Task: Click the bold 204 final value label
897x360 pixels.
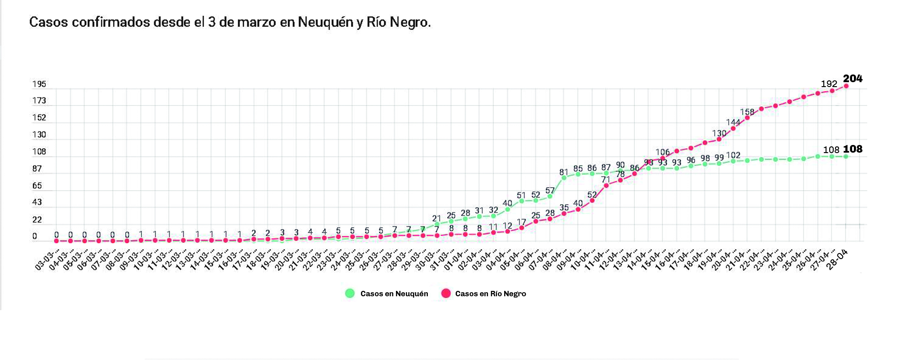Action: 853,79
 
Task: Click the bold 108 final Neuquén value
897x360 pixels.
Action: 853,149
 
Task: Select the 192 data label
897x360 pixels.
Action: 829,84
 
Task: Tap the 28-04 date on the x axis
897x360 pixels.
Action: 837,259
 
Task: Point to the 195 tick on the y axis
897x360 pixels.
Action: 39,84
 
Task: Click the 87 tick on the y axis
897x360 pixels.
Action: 37,169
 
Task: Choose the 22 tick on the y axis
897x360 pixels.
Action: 37,220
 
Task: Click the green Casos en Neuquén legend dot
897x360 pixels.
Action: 350,294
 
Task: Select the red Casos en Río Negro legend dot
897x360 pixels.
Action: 445,294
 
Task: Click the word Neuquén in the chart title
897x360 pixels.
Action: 325,22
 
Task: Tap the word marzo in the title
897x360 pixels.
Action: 256,22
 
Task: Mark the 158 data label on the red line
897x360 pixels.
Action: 747,112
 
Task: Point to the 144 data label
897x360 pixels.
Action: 733,122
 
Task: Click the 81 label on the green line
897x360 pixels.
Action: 564,172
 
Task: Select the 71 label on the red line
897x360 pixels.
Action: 606,180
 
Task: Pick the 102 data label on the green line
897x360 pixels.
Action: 733,155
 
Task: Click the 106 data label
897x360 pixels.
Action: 662,152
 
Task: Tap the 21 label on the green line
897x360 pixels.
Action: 436,219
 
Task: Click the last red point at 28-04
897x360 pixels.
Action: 846,86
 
